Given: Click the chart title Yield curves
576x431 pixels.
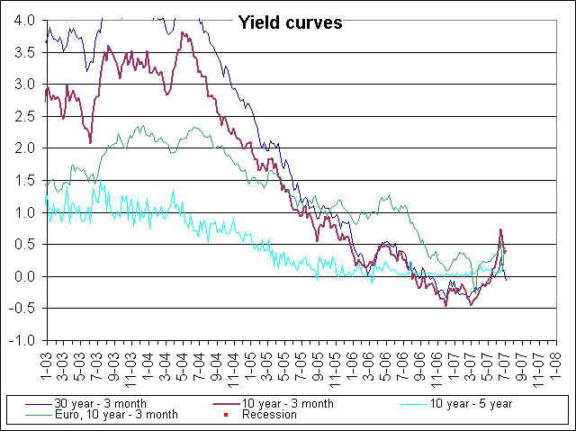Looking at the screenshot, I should point(289,23).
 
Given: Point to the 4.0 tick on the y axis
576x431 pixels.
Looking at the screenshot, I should point(25,20).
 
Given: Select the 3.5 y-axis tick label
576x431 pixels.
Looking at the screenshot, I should point(25,52).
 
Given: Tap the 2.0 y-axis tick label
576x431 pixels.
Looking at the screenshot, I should point(25,148).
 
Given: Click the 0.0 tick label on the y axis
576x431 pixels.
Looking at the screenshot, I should point(25,276).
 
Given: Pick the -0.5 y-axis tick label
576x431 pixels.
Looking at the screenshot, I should point(23,309).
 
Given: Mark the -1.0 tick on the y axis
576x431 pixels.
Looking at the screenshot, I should point(23,341).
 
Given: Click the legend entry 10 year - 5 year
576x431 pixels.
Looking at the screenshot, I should point(471,404).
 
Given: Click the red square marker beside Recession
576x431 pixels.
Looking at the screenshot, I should point(224,416).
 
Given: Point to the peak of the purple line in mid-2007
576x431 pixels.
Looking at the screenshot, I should point(500,230).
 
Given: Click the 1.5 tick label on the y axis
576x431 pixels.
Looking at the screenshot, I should point(25,180).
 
